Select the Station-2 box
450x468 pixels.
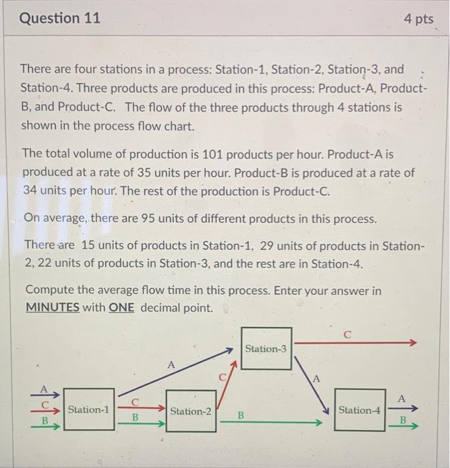191,411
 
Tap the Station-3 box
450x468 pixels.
266,348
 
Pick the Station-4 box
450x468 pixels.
359,410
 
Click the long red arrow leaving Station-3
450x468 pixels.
354,342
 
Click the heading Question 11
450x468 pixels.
60,19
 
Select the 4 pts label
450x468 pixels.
419,19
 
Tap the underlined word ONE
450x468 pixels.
121,308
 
